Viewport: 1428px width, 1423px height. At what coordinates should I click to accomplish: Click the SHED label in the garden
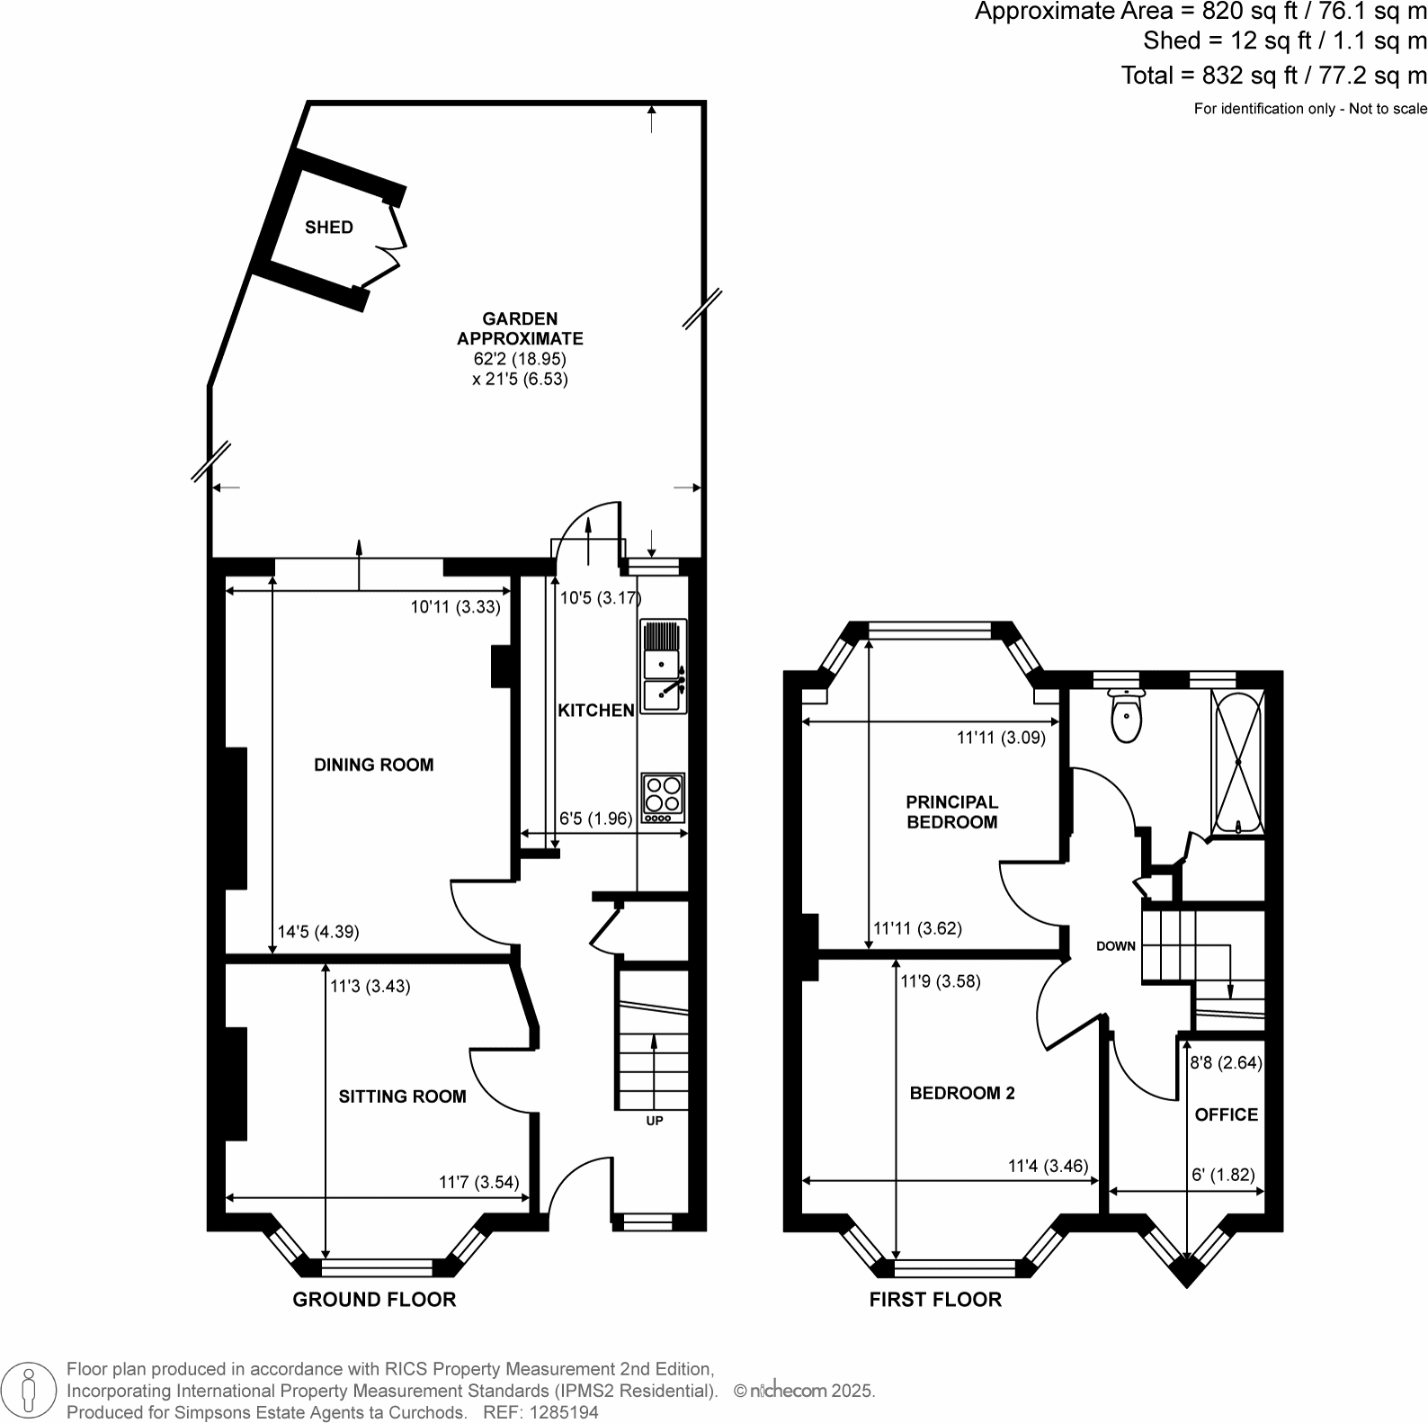click(x=329, y=228)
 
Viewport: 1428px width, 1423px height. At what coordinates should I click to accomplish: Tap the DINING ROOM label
click(x=374, y=765)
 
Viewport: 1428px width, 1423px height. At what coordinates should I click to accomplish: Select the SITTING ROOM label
click(x=402, y=1096)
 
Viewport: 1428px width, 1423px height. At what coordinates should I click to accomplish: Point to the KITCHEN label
click(x=596, y=711)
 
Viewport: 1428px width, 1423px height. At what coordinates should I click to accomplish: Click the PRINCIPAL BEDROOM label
click(x=952, y=811)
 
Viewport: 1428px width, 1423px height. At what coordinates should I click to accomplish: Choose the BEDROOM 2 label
click(x=962, y=1093)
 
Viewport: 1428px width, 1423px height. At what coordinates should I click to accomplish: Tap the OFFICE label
click(x=1227, y=1114)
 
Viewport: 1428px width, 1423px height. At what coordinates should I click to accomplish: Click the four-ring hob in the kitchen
click(x=664, y=798)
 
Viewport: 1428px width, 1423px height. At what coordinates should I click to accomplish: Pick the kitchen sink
click(x=663, y=666)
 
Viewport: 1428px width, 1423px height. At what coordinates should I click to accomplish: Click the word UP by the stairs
click(x=655, y=1121)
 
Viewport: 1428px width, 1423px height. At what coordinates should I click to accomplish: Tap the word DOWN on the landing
click(x=1116, y=946)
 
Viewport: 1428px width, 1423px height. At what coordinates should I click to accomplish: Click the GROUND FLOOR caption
click(x=374, y=1300)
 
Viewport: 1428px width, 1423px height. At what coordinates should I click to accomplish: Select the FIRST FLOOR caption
click(x=935, y=1300)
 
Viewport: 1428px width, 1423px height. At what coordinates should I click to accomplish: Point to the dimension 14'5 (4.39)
click(x=318, y=933)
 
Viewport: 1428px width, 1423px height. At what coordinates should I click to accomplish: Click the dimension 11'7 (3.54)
click(x=479, y=1182)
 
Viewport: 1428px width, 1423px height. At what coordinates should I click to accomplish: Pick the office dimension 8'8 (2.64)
click(x=1227, y=1062)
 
